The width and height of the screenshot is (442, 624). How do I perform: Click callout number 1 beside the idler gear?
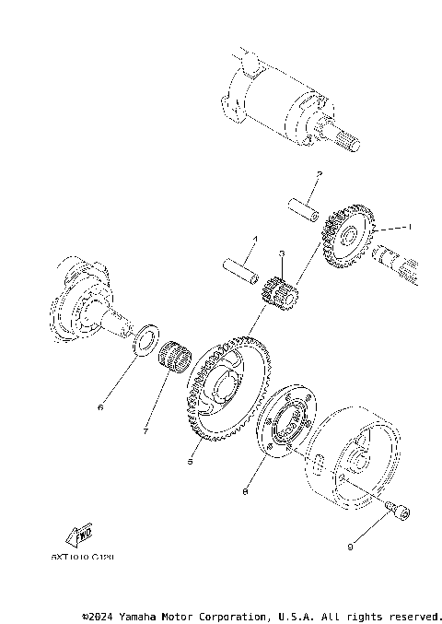click(x=411, y=226)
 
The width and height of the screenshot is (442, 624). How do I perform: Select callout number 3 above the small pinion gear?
click(x=282, y=253)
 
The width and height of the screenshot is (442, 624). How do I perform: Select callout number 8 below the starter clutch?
click(x=245, y=493)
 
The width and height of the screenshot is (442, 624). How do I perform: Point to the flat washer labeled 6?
click(x=145, y=337)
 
